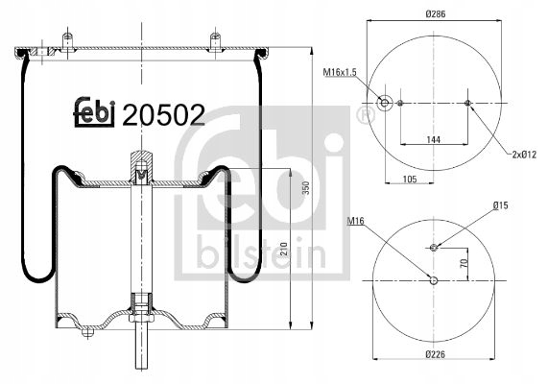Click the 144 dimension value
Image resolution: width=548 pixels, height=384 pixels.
[x=434, y=140]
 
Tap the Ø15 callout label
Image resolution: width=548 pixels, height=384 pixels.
[x=501, y=204]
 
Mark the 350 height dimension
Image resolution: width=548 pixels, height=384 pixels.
[x=306, y=188]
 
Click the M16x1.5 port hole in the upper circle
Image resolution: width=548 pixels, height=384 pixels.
[x=385, y=103]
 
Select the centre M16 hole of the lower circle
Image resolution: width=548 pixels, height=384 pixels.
[x=434, y=280]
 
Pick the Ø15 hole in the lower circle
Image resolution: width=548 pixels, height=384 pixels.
[x=434, y=247]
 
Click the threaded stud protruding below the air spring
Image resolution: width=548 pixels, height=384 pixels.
[x=141, y=347]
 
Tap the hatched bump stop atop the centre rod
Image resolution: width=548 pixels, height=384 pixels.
[x=141, y=163]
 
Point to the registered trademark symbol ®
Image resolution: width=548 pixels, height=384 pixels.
[x=365, y=116]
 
